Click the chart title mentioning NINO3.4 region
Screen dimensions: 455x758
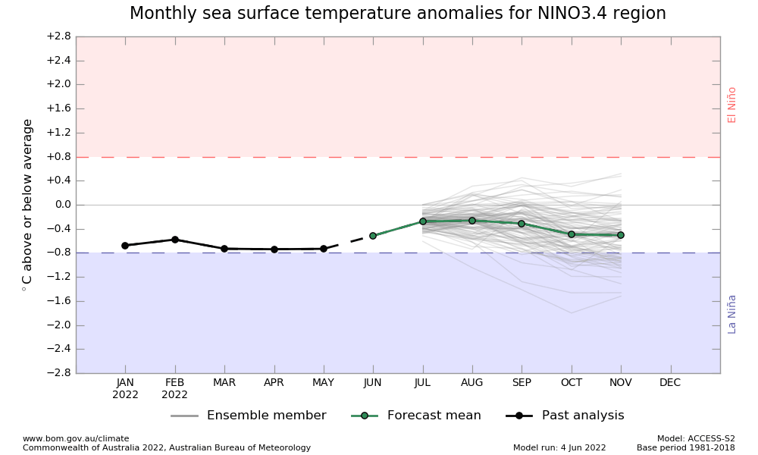pyautogui.click(x=397, y=14)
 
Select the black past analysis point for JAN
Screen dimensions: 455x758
pyautogui.click(x=125, y=246)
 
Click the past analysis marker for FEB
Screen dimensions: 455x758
pyautogui.click(x=175, y=240)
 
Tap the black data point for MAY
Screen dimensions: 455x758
pyautogui.click(x=324, y=249)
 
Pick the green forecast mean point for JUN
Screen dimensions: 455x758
pyautogui.click(x=373, y=236)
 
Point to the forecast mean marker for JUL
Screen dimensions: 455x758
pyautogui.click(x=423, y=221)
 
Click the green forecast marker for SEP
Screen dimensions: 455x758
pyautogui.click(x=522, y=224)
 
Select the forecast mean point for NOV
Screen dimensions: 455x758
pyautogui.click(x=621, y=235)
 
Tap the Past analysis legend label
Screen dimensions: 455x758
pyautogui.click(x=581, y=416)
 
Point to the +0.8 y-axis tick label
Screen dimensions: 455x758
pyautogui.click(x=58, y=157)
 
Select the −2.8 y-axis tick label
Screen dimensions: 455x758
pyautogui.click(x=58, y=373)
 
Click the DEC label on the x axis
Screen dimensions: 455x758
pyautogui.click(x=670, y=383)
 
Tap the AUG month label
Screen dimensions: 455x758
pyautogui.click(x=472, y=383)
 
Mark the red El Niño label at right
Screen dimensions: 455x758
pyautogui.click(x=732, y=105)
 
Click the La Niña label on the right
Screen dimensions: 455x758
pyautogui.click(x=732, y=314)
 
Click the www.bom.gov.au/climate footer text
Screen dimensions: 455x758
pyautogui.click(x=76, y=438)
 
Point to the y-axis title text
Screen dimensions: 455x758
pyautogui.click(x=28, y=205)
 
